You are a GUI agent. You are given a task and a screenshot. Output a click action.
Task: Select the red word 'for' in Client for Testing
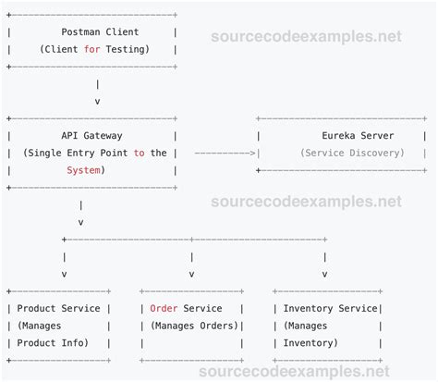(x=92, y=49)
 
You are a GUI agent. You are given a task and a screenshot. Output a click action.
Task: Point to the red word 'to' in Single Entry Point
(x=139, y=153)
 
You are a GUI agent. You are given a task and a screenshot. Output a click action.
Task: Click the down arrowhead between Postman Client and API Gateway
(x=98, y=101)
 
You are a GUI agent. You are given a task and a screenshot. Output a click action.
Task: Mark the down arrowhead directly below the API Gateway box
(x=80, y=222)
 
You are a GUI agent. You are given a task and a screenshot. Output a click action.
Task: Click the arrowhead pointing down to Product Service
(x=63, y=274)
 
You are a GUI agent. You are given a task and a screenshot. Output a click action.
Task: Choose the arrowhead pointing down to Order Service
(x=191, y=274)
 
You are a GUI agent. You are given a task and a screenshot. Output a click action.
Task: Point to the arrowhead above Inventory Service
(x=324, y=274)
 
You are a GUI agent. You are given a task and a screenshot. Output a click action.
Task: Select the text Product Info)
(x=52, y=343)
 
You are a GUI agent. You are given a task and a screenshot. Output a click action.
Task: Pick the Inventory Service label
(x=331, y=308)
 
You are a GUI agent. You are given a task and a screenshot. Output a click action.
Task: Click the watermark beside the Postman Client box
(x=307, y=37)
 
